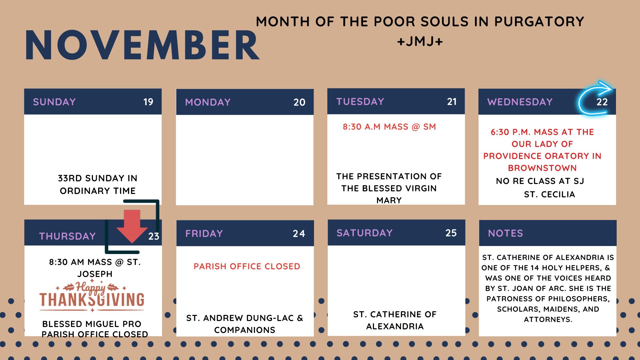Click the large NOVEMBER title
pos(142,45)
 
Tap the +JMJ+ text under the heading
pos(420,42)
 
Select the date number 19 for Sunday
pos(148,102)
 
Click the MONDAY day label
pos(208,102)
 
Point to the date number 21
pos(452,101)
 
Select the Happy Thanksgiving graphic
pos(92,296)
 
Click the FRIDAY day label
pos(204,233)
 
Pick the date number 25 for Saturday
pos(451,233)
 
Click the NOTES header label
pos(505,233)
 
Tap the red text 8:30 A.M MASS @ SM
pos(389,127)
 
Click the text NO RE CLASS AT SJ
pos(540,181)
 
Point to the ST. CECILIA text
pos(549,194)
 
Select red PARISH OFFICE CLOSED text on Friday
pos(247,266)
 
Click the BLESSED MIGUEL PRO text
pos(92,324)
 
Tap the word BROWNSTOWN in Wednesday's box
pos(542,168)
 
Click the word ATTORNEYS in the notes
pos(548,319)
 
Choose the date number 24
pos(299,233)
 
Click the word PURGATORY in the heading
pos(539,22)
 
